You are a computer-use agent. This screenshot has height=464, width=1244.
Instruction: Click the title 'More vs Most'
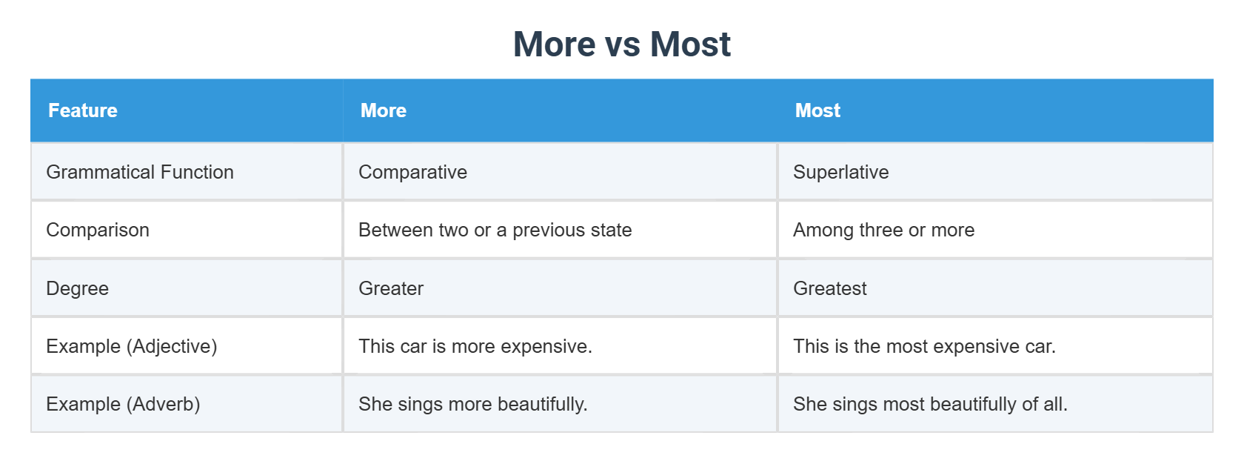tap(621, 44)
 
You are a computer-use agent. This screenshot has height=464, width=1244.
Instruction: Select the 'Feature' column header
tap(83, 110)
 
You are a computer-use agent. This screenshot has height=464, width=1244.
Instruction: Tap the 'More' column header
tap(384, 110)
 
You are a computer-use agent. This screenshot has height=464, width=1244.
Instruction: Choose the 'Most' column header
tap(817, 110)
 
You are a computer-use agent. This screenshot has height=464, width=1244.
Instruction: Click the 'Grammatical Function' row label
tap(140, 172)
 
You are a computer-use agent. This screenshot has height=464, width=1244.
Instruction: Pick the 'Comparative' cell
tap(412, 172)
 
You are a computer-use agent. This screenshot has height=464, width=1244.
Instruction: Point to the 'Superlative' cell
tap(840, 172)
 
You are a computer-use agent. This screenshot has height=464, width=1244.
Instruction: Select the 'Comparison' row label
tap(98, 230)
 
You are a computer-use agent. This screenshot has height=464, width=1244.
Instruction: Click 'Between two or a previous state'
tap(495, 230)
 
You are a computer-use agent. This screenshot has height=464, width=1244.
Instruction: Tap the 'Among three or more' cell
tap(883, 230)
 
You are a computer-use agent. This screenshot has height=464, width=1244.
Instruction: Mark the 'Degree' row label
tap(77, 288)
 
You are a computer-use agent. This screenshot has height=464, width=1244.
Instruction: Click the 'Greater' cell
tap(391, 288)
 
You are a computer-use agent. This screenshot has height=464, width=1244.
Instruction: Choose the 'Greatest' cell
tap(829, 288)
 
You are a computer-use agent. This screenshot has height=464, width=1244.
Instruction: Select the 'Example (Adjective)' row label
tap(131, 346)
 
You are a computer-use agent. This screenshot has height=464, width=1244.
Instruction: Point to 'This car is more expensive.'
tap(475, 346)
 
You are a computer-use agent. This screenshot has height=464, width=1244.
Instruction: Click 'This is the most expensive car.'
tap(924, 346)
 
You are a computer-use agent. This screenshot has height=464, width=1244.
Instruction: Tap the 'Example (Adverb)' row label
tap(123, 404)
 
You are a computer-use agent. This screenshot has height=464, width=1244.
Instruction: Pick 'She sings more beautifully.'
tap(472, 404)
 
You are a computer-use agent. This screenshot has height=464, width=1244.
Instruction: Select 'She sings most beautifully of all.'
tap(930, 404)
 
